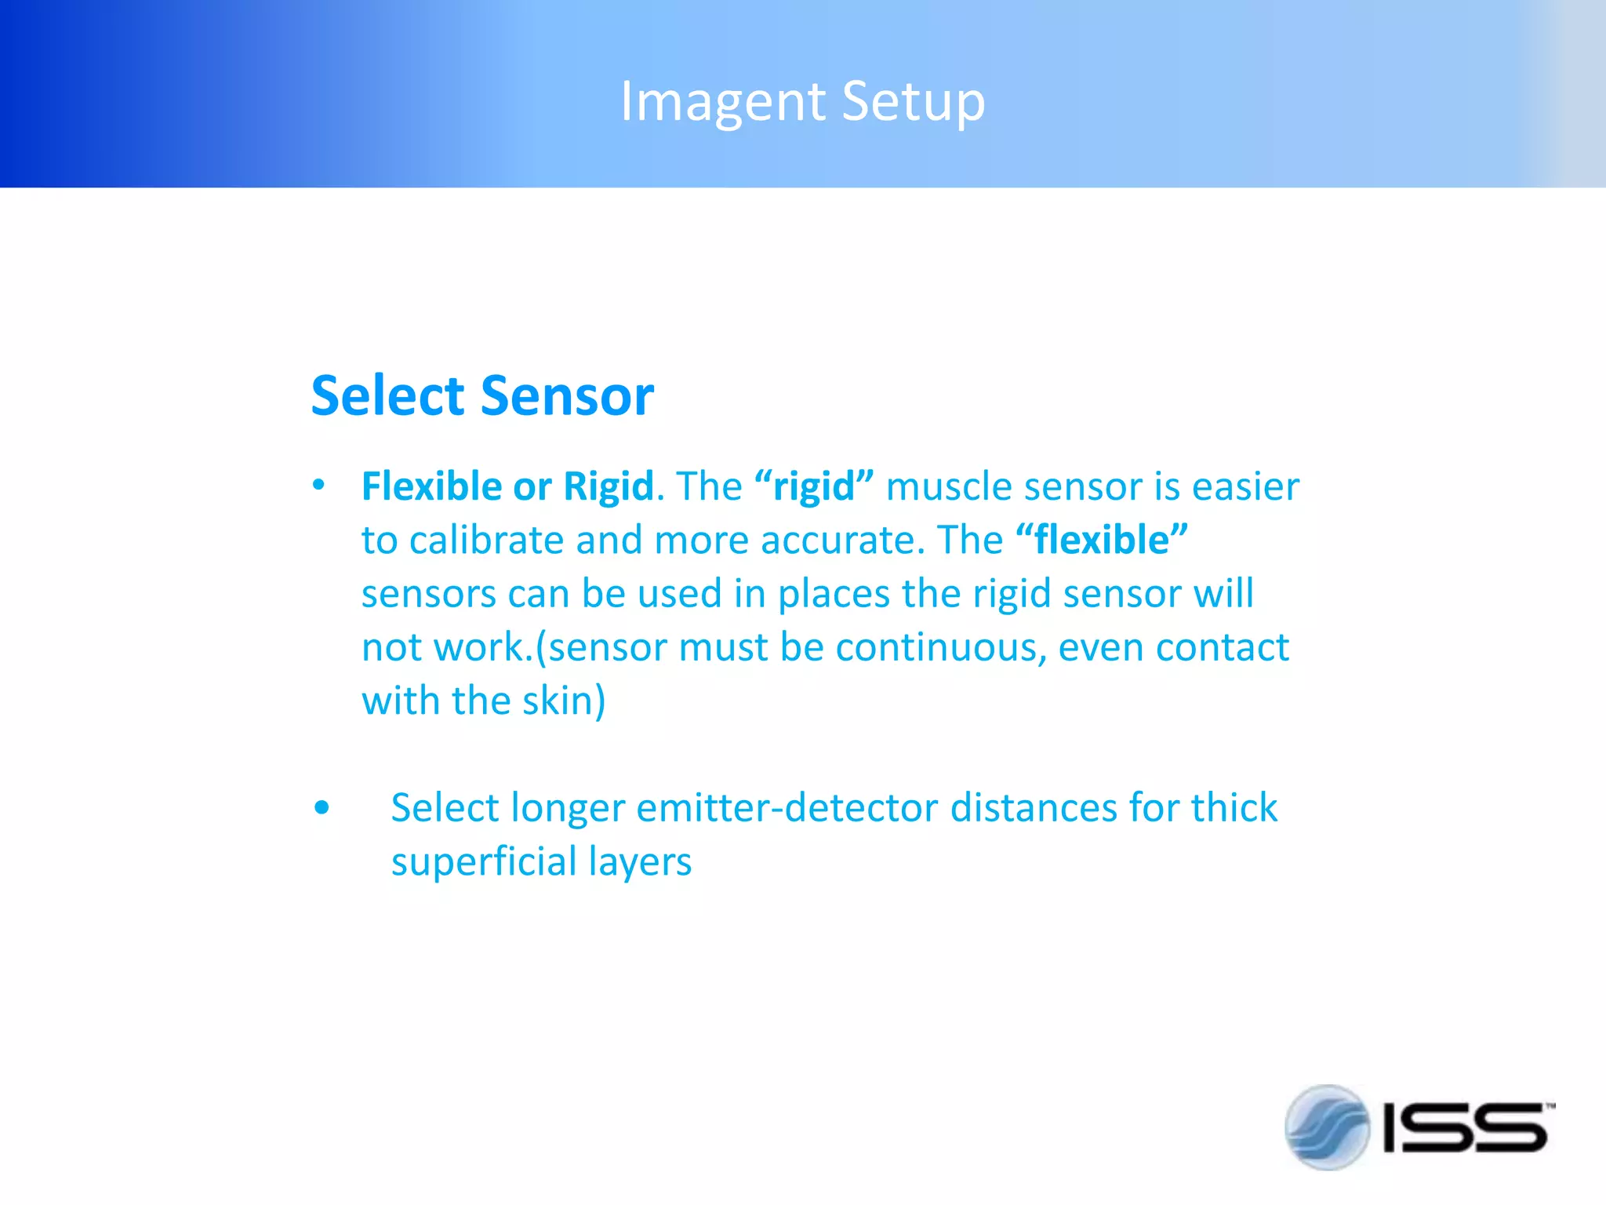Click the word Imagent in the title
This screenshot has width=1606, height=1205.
pos(721,102)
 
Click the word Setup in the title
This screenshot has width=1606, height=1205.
pos(913,102)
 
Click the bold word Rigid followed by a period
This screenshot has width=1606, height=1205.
pos(609,486)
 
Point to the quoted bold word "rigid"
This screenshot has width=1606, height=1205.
pos(814,486)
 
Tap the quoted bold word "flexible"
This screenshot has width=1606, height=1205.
pos(1102,540)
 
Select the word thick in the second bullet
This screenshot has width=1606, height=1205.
pos(1234,808)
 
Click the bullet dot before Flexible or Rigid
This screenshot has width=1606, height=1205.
pos(318,485)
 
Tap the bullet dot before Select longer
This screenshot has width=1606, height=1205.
pos(322,807)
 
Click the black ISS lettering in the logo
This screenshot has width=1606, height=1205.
pos(1465,1128)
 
